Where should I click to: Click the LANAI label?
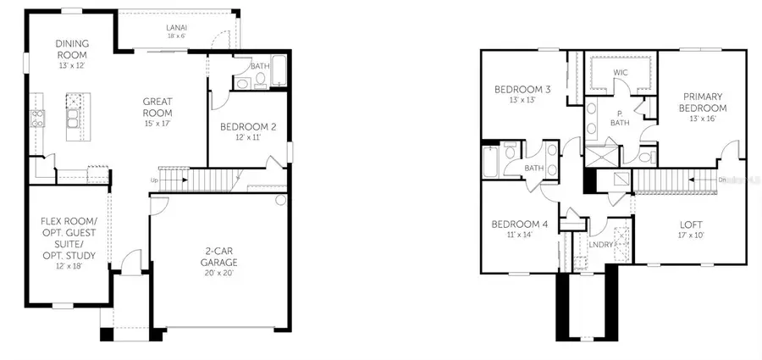[177, 26]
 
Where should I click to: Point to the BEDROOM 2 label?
[244, 128]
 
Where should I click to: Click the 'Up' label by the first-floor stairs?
[153, 180]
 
